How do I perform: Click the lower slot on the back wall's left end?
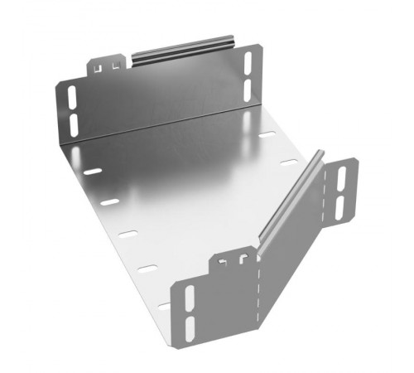(x=73, y=124)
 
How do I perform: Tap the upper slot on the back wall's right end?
(x=246, y=61)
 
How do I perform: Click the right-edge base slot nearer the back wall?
(x=267, y=135)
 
